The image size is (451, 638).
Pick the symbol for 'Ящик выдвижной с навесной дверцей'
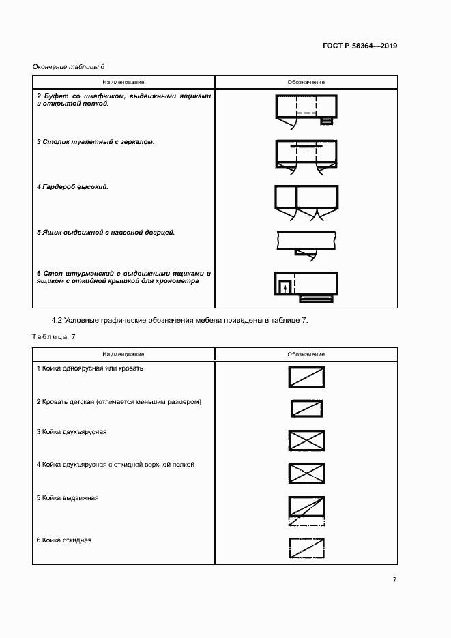(x=306, y=241)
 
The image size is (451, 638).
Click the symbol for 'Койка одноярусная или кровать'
(x=306, y=377)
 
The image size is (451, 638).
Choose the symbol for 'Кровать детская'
(x=306, y=408)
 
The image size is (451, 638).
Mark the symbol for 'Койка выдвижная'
(x=306, y=510)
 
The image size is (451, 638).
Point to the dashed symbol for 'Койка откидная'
(x=306, y=548)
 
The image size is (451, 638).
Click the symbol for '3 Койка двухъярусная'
(x=306, y=440)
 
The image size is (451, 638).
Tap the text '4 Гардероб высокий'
(x=73, y=186)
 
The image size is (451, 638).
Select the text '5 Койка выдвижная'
(x=68, y=498)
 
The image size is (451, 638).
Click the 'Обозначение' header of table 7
(x=306, y=355)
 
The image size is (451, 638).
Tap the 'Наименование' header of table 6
(x=123, y=82)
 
